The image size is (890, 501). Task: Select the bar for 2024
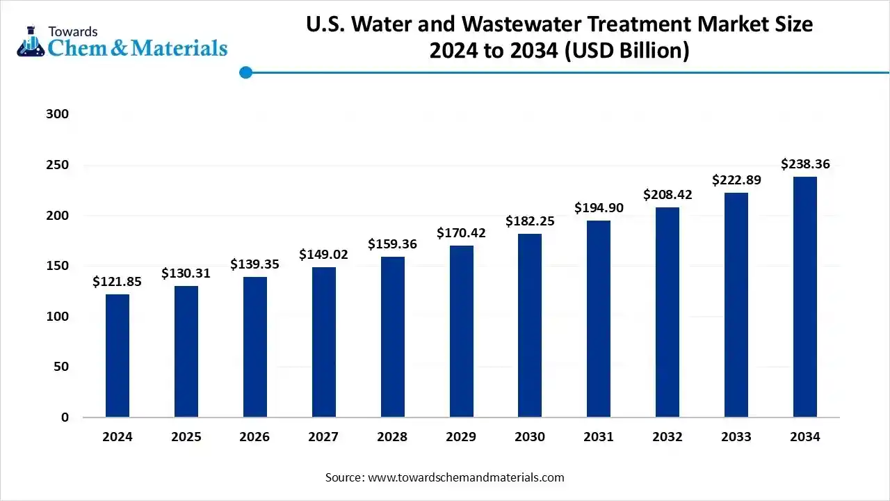(118, 356)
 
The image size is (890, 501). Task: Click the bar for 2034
(805, 297)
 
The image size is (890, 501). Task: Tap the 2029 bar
(461, 331)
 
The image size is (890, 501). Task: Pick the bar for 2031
(599, 319)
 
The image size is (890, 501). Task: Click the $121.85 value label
(117, 282)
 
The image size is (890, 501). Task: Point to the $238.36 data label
(805, 165)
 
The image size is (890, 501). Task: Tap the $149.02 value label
(323, 255)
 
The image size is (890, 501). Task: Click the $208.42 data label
(667, 195)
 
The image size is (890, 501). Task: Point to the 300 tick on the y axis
(58, 114)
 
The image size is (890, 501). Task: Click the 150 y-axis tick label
(58, 266)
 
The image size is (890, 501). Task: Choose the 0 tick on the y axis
(65, 417)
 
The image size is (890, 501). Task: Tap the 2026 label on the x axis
(254, 437)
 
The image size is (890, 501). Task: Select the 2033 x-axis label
(736, 437)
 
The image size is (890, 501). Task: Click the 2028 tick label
(392, 437)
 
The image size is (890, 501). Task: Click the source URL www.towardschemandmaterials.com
(465, 477)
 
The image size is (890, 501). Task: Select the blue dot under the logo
(245, 72)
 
